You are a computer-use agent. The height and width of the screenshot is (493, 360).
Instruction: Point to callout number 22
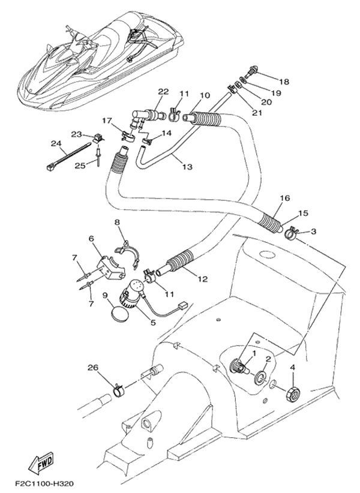point(163,92)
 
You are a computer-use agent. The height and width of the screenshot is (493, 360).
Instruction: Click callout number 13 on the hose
point(188,166)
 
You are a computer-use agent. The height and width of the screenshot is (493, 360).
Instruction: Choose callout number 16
point(284,198)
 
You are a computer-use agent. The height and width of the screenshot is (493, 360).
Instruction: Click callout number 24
point(56,143)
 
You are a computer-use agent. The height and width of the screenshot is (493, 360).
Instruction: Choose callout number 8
point(117,223)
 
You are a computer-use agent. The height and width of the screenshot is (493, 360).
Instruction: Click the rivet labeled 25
point(97,157)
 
